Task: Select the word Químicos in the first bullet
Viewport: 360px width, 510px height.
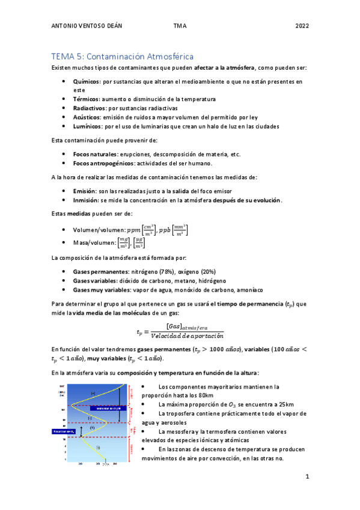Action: point(86,81)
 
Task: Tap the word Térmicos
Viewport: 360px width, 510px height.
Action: point(86,99)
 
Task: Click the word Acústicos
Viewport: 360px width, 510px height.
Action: point(87,117)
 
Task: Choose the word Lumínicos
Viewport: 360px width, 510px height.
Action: point(87,126)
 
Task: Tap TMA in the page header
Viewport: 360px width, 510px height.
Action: point(180,26)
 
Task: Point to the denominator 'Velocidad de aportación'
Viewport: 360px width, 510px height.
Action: point(187,336)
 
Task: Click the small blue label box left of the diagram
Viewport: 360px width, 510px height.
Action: point(64,431)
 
